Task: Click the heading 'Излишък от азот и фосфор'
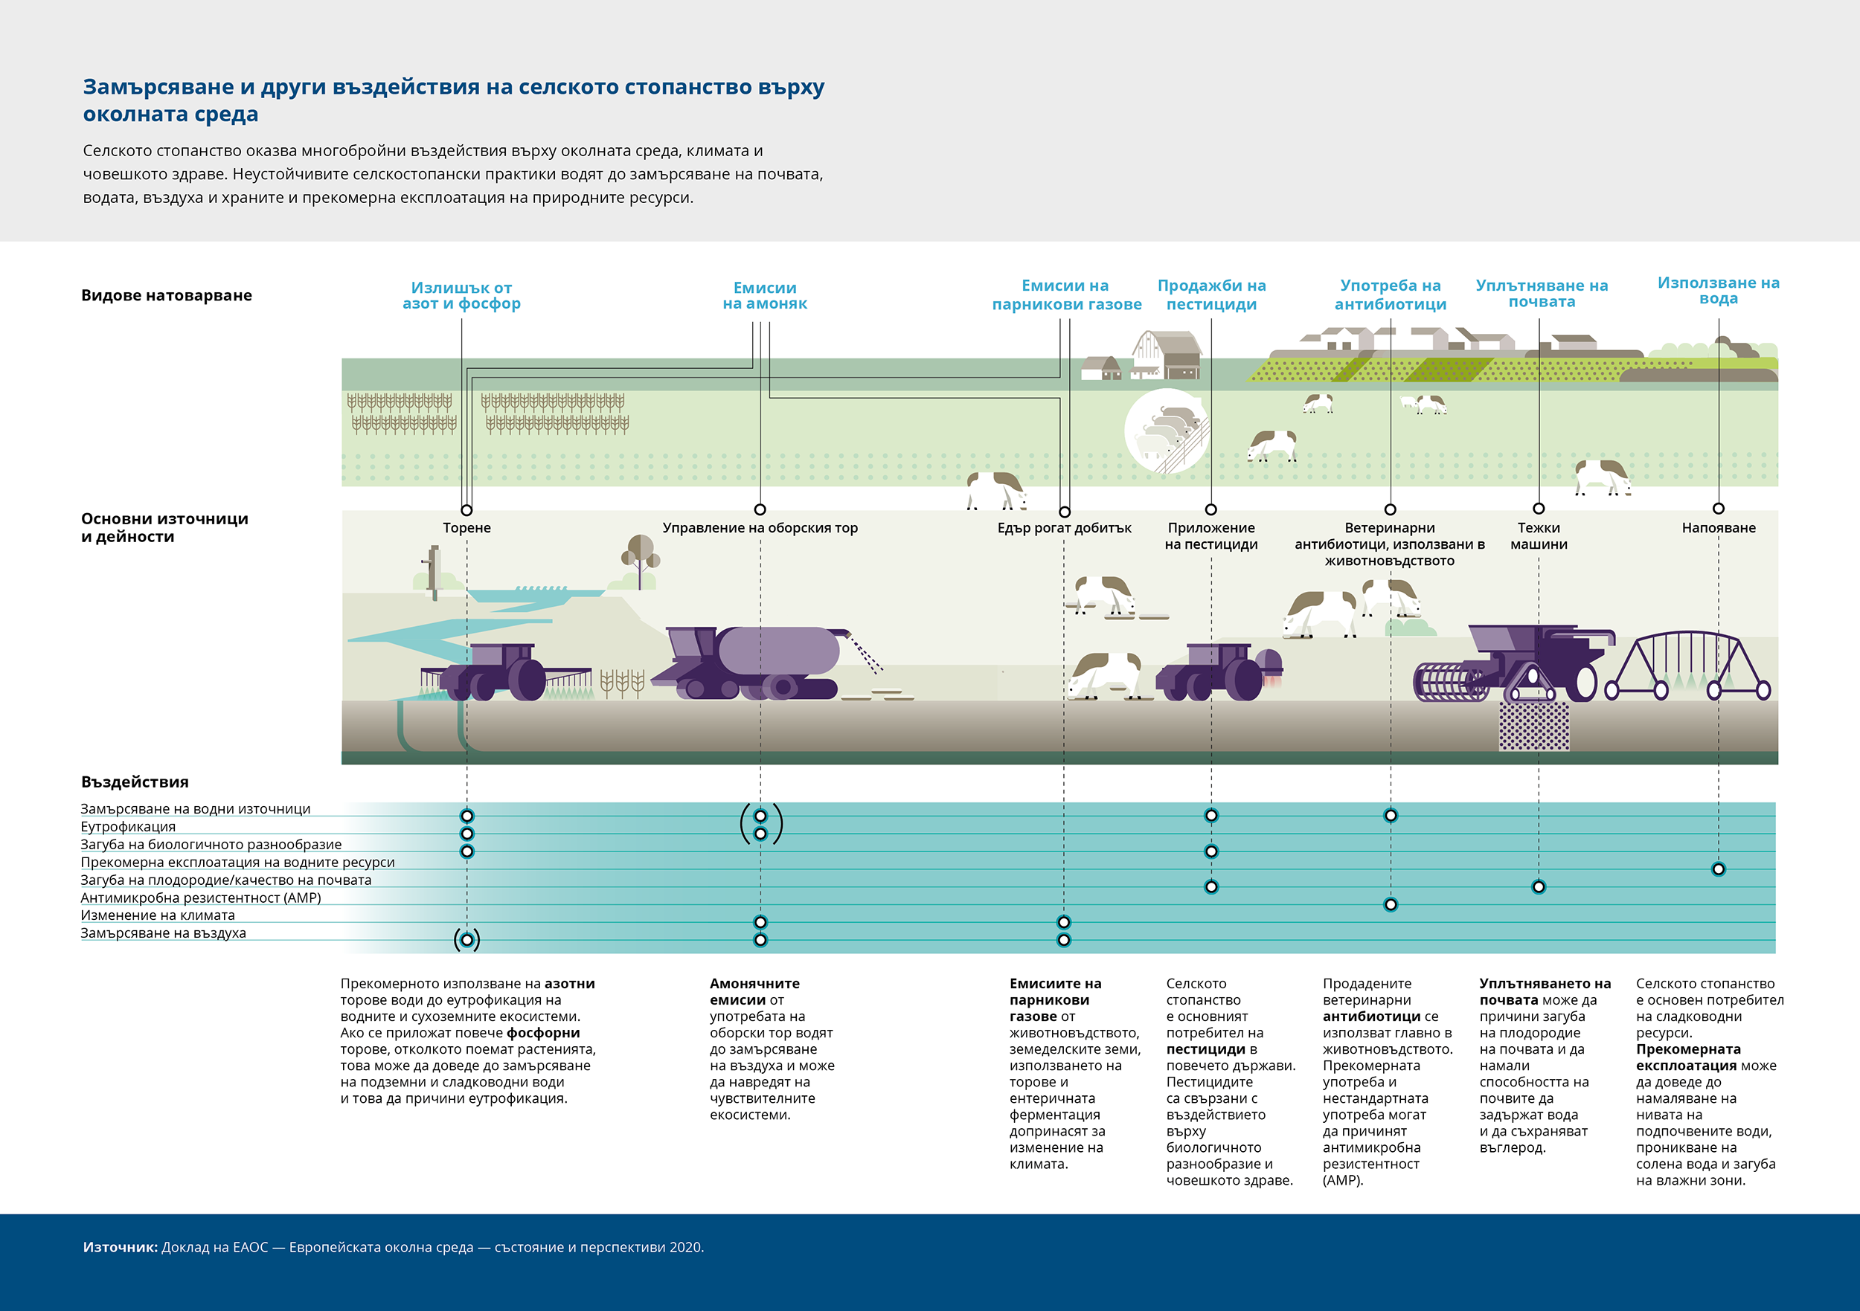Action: pyautogui.click(x=461, y=295)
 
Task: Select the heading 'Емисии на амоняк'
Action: pyautogui.click(x=765, y=295)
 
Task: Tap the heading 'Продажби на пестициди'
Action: pyautogui.click(x=1211, y=294)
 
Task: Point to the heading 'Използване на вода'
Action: pyautogui.click(x=1718, y=291)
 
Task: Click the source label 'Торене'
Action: pyautogui.click(x=466, y=528)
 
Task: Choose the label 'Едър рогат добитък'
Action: pyautogui.click(x=1064, y=528)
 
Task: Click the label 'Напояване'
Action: pyautogui.click(x=1718, y=528)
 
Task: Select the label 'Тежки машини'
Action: pyautogui.click(x=1539, y=536)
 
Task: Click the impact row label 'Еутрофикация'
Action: pyautogui.click(x=128, y=827)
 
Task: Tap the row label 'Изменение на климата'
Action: pyautogui.click(x=158, y=915)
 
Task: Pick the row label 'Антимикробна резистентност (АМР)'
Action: pyautogui.click(x=201, y=898)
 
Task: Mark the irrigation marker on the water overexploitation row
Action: pyautogui.click(x=1718, y=869)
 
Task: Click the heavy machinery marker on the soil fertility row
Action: pyautogui.click(x=1539, y=886)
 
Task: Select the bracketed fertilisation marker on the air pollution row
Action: pyautogui.click(x=466, y=939)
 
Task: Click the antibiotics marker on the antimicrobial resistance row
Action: pyautogui.click(x=1390, y=904)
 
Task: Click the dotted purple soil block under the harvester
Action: pyautogui.click(x=1533, y=726)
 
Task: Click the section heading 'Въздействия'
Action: pyautogui.click(x=135, y=782)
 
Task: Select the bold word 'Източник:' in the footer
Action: pyautogui.click(x=120, y=1247)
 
